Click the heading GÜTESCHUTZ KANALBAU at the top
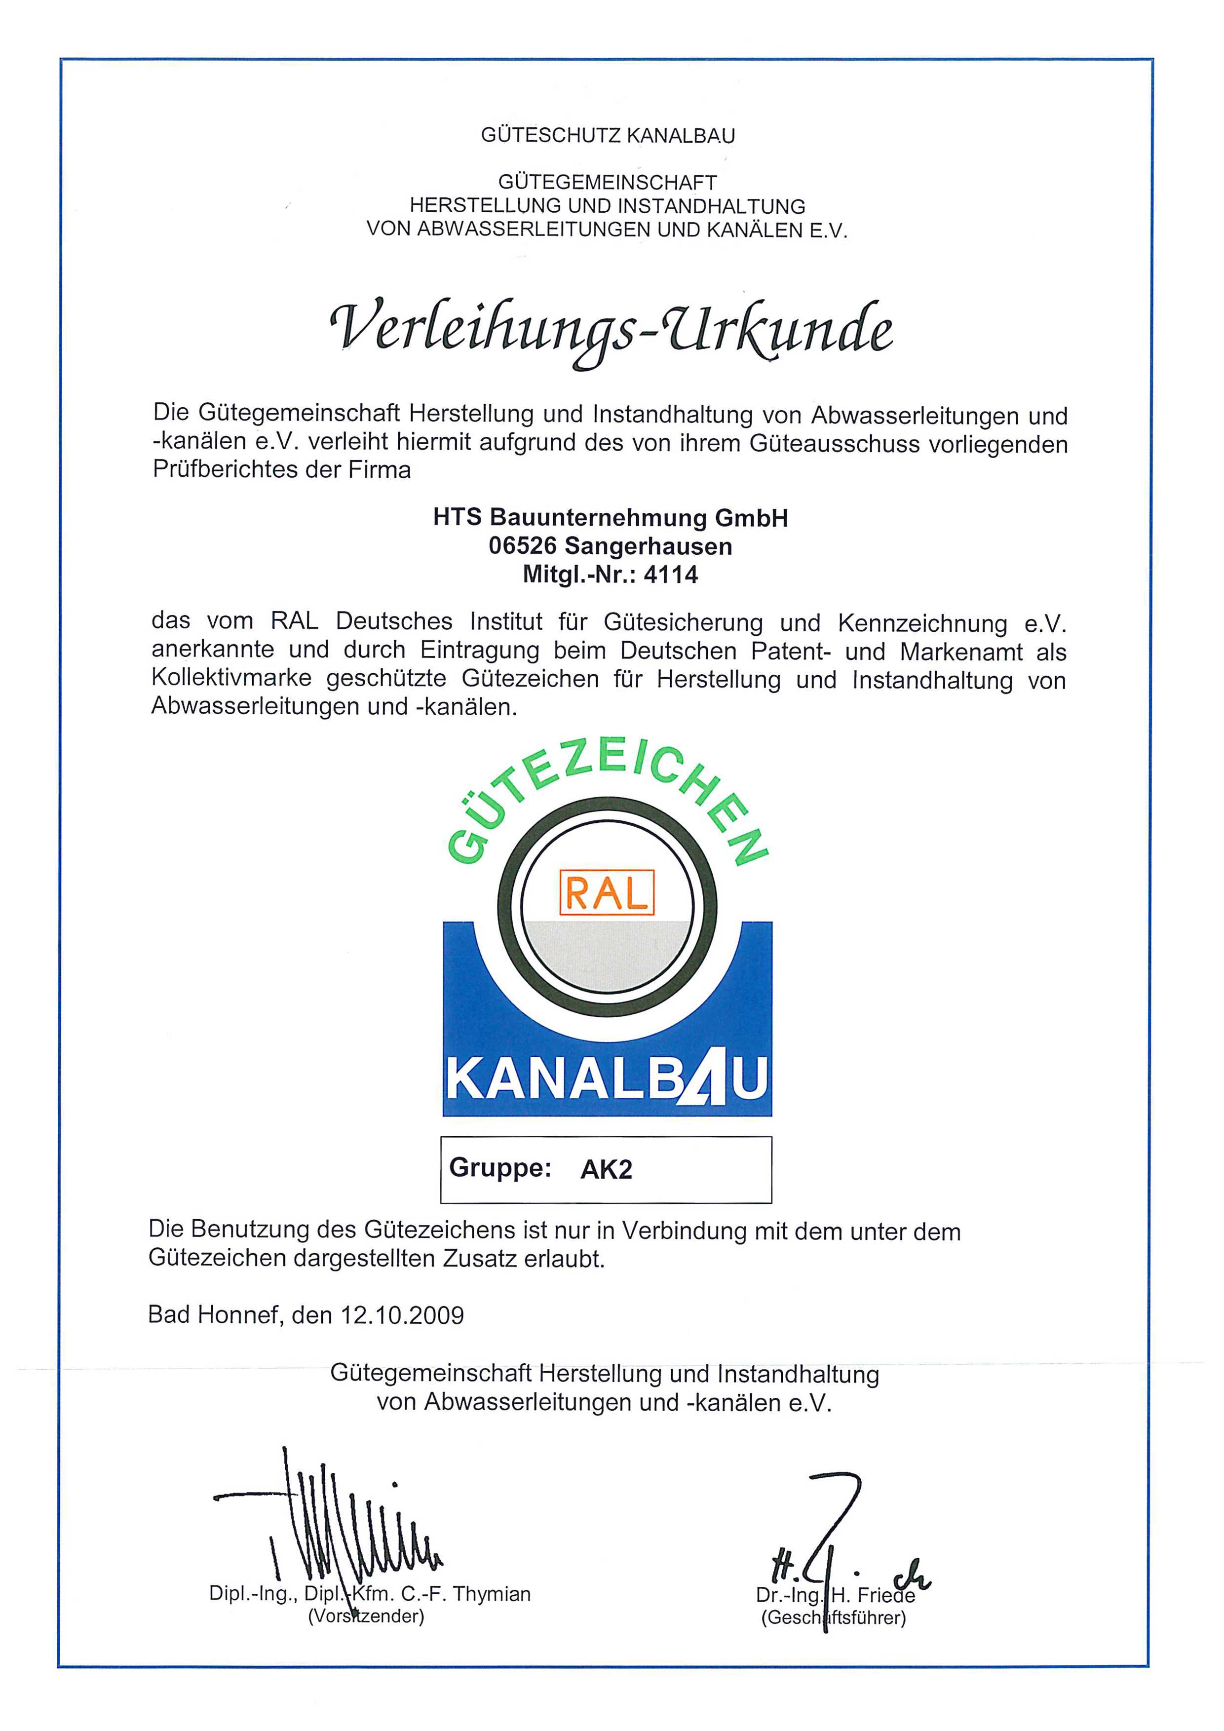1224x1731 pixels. pos(608,136)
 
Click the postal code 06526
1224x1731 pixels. pos(522,546)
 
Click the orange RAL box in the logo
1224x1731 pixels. pos(606,893)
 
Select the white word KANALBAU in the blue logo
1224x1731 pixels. pos(607,1079)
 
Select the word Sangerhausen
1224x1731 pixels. pos(648,546)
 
